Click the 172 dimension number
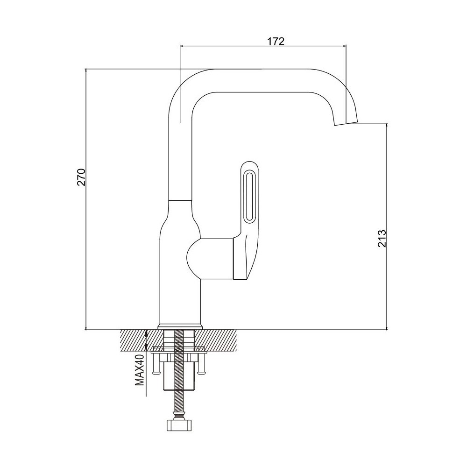pos(275,42)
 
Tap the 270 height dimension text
pos(82,177)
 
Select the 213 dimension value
pos(382,238)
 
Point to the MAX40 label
pos(139,370)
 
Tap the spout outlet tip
pos(346,123)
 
